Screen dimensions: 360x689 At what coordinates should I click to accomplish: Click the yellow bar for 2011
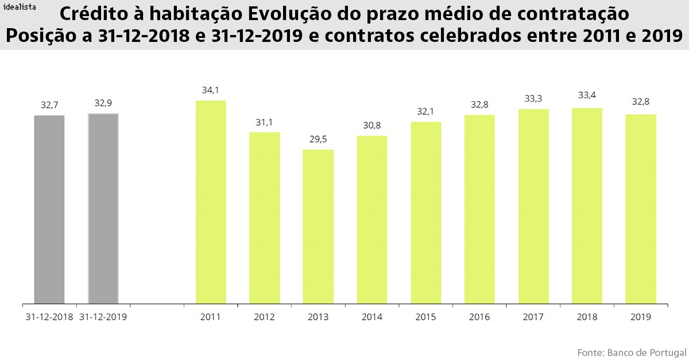click(x=211, y=202)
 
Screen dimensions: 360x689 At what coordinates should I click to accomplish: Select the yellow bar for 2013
click(x=318, y=226)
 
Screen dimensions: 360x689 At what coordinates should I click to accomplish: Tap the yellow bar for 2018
click(x=587, y=206)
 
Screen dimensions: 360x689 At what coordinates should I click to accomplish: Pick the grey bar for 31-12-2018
click(x=49, y=209)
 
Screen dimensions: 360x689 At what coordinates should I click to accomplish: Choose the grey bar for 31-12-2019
click(x=103, y=208)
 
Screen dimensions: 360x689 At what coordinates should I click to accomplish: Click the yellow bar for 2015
click(x=426, y=212)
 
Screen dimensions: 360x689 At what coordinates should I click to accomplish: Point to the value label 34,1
click(x=211, y=90)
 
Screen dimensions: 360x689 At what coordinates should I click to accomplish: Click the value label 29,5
click(x=318, y=140)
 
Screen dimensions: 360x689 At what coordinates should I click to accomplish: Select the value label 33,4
click(x=587, y=95)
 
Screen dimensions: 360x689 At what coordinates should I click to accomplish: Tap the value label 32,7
click(x=49, y=105)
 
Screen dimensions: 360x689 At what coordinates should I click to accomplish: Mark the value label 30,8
click(x=372, y=125)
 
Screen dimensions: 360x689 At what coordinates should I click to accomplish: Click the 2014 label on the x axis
click(x=372, y=317)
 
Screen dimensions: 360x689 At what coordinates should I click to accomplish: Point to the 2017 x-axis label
click(x=533, y=317)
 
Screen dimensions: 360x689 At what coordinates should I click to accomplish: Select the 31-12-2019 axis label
click(x=103, y=317)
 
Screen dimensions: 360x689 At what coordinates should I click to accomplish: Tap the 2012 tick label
click(x=264, y=317)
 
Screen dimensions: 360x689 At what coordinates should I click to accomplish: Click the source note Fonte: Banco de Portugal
click(x=632, y=351)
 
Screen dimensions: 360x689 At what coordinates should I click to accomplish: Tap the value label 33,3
click(x=533, y=98)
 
